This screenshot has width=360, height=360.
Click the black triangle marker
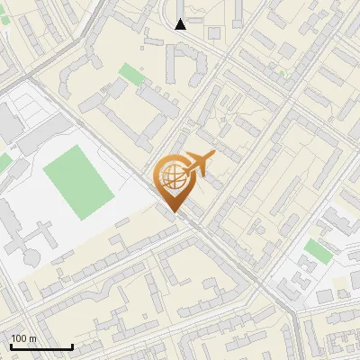pyautogui.click(x=180, y=24)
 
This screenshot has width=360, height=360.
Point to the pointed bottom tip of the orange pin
pyautogui.click(x=174, y=212)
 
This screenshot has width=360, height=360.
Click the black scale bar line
pyautogui.click(x=41, y=346)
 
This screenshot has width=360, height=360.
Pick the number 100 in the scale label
pyautogui.click(x=18, y=338)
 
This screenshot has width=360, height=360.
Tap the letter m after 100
pyautogui.click(x=32, y=338)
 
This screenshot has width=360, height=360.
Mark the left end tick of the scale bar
pyautogui.click(x=11, y=345)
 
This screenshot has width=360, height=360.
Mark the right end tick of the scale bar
pyautogui.click(x=72, y=345)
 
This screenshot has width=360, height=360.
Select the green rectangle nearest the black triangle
pyautogui.click(x=131, y=74)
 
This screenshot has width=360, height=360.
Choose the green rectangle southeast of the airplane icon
pyautogui.click(x=317, y=250)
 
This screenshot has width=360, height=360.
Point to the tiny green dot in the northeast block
pyautogui.click(x=283, y=73)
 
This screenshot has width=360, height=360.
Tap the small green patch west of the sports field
pyautogui.click(x=4, y=162)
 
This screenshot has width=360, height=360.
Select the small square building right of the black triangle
pyautogui.click(x=214, y=33)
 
